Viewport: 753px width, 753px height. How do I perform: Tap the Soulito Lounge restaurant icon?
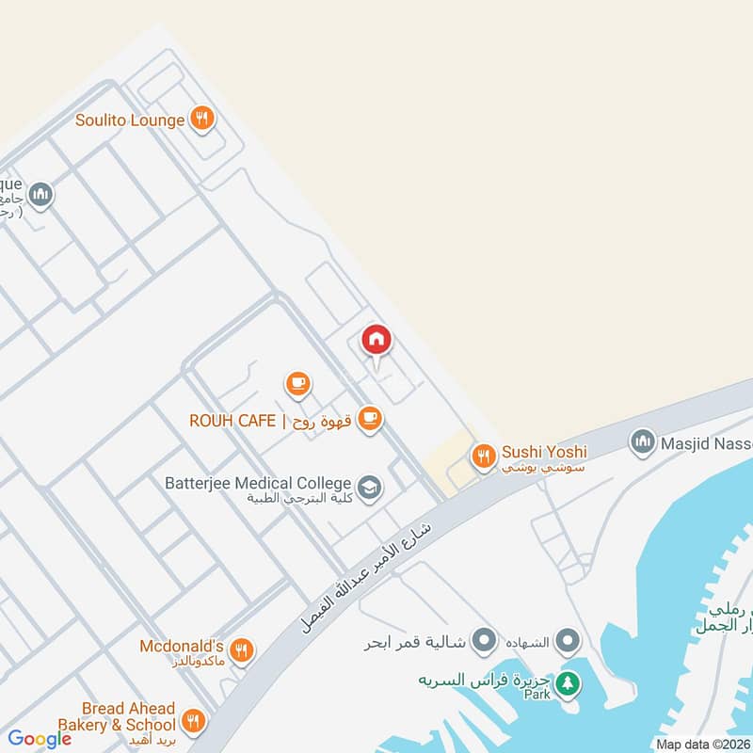pos(201,120)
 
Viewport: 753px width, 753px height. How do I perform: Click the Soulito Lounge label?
pos(130,120)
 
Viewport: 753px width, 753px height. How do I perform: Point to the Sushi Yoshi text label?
pos(544,454)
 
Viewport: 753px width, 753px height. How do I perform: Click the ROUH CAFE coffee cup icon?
pos(370,419)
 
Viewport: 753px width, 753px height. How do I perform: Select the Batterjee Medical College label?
pos(258,484)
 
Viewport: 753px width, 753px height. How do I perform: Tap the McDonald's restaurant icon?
pos(242,649)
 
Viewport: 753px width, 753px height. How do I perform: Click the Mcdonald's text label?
pos(181,647)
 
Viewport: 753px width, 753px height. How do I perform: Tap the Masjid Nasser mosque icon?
pos(643,441)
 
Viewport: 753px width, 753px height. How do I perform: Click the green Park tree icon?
pos(567,682)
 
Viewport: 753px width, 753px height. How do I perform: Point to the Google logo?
pos(40,739)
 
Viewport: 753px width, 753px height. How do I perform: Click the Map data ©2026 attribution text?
pos(704,745)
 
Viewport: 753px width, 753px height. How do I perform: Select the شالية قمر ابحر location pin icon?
pos(484,642)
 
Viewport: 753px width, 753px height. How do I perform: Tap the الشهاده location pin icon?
pos(567,642)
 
